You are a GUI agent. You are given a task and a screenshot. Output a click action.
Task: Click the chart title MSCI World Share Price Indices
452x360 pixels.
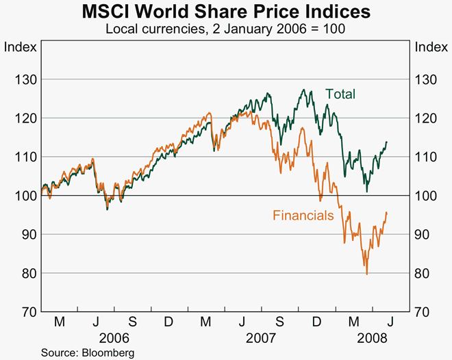coord(226,12)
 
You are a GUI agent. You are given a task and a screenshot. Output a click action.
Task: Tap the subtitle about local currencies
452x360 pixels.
coord(226,29)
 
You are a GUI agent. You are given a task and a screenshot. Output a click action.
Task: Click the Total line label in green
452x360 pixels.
coord(340,94)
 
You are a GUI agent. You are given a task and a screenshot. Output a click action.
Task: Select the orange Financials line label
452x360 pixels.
coord(303,216)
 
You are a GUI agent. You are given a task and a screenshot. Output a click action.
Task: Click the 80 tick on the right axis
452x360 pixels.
coord(425,273)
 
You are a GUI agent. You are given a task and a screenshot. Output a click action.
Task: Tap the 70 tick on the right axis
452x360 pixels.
coord(425,312)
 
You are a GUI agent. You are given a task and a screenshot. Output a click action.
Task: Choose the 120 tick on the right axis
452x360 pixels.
coord(427,118)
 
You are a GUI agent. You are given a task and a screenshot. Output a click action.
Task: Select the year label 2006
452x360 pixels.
coord(114,338)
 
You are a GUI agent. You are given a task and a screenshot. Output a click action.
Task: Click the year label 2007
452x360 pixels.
coord(261,338)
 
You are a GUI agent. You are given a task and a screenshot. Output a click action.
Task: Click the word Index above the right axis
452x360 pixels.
coord(431,47)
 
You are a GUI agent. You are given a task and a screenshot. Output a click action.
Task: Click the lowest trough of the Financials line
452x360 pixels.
coord(366,274)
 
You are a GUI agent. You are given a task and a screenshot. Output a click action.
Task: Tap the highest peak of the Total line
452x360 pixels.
coord(303,90)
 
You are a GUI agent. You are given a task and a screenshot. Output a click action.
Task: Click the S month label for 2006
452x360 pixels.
coord(132,322)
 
